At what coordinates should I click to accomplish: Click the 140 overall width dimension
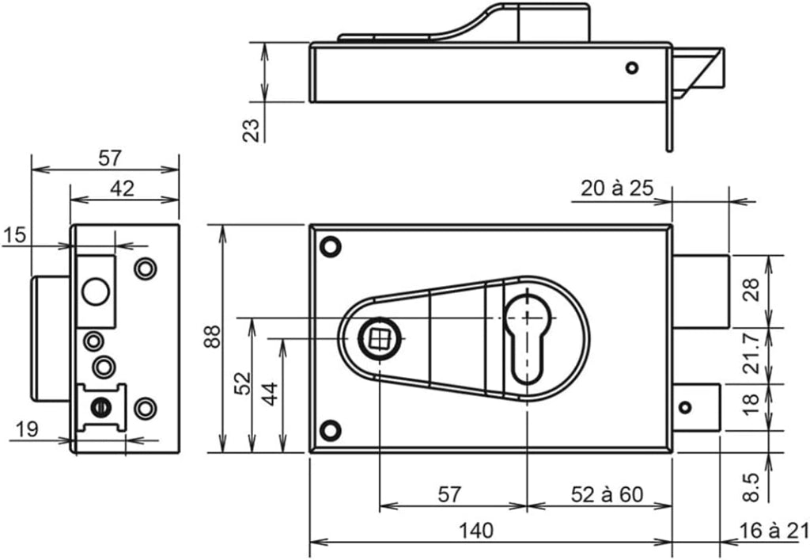click(475, 531)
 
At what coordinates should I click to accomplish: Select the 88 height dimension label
click(212, 337)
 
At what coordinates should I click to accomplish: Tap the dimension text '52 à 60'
click(607, 495)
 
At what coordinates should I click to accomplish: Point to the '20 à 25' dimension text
click(617, 189)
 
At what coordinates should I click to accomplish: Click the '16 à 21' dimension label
click(774, 531)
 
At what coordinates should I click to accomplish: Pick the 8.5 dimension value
click(751, 486)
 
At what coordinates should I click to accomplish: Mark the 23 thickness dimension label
click(251, 130)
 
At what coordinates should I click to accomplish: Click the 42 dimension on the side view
click(123, 189)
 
